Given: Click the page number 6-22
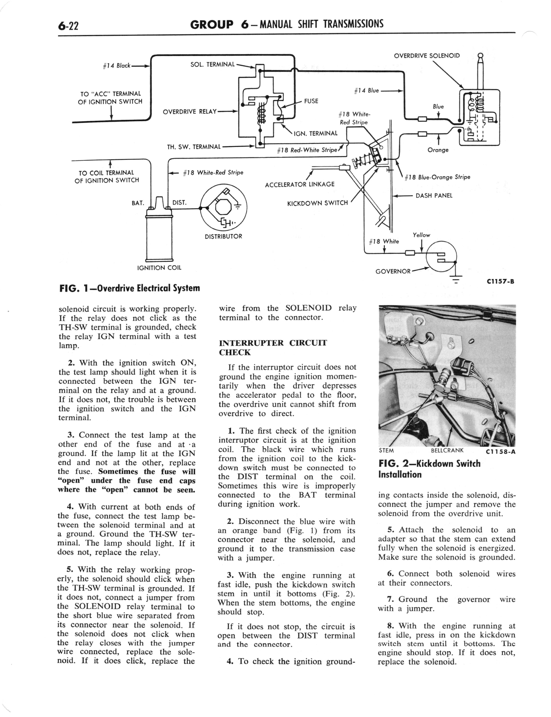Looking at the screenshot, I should click(x=68, y=25).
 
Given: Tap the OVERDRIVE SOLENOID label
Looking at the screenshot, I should click(x=427, y=56).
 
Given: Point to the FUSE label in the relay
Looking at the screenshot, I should click(x=311, y=101).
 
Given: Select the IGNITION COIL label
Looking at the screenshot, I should click(x=159, y=268).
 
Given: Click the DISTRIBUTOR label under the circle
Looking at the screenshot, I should click(x=223, y=236).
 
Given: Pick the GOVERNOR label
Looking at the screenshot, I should click(x=393, y=271).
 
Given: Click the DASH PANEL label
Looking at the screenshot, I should click(x=434, y=196).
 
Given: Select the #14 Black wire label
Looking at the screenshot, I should click(x=116, y=66).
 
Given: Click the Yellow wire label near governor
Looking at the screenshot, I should click(x=421, y=235).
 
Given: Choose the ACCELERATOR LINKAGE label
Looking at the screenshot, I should click(x=299, y=184).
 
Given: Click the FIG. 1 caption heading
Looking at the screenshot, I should click(x=129, y=288).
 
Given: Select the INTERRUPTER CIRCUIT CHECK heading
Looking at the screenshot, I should click(x=273, y=347).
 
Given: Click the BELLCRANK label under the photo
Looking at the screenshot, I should click(x=447, y=450).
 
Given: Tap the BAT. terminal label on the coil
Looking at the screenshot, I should click(x=138, y=203).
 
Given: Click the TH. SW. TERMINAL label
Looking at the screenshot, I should click(x=194, y=147).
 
